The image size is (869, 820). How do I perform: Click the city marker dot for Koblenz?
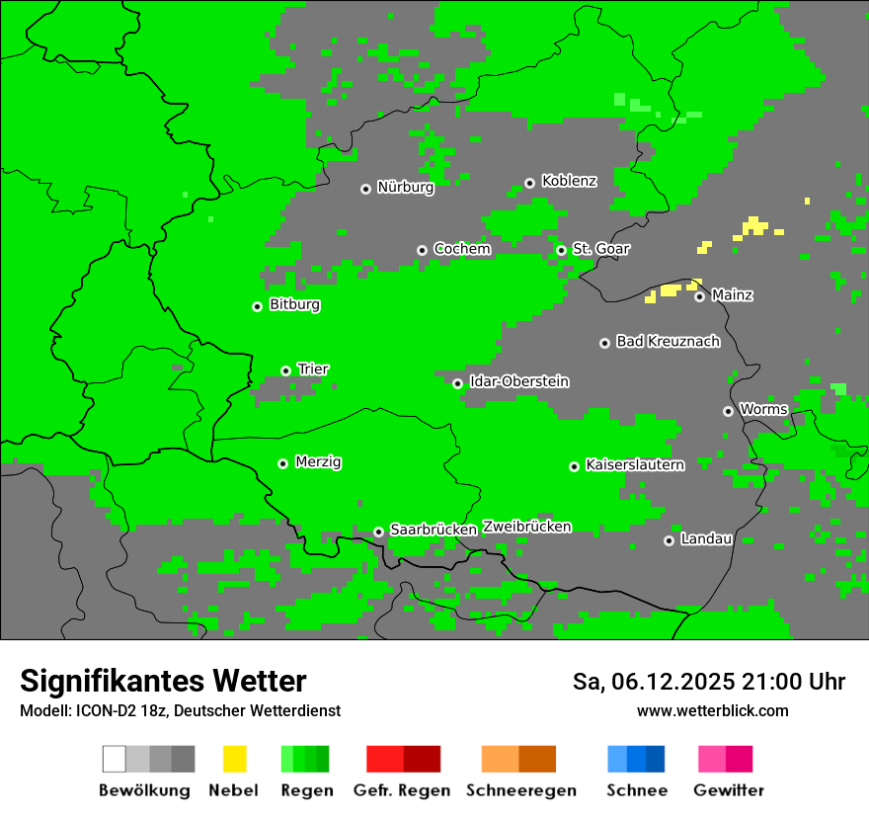coord(529,183)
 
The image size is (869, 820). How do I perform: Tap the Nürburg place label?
coord(405,188)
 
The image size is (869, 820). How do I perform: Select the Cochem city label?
coord(461,249)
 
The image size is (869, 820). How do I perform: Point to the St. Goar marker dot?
coord(561,250)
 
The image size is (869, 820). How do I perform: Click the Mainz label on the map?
coord(732,295)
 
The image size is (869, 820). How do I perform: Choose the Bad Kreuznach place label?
coord(668,342)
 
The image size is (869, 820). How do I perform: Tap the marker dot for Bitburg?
coord(257,306)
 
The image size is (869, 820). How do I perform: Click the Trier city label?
coord(313,369)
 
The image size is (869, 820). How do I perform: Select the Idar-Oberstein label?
coord(518,382)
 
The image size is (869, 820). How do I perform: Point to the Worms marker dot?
coord(728,411)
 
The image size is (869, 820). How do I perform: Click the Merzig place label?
coord(318,462)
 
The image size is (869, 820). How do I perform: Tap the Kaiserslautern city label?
coord(634,465)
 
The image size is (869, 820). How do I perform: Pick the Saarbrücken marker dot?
coord(378,532)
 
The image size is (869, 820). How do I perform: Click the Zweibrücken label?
coord(526,527)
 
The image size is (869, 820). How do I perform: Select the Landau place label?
coord(706,539)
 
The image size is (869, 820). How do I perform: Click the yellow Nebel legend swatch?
coord(234,759)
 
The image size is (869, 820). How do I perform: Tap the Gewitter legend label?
coord(729,790)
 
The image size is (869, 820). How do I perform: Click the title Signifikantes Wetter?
coord(163,681)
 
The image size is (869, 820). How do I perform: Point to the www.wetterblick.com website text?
coord(712,710)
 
